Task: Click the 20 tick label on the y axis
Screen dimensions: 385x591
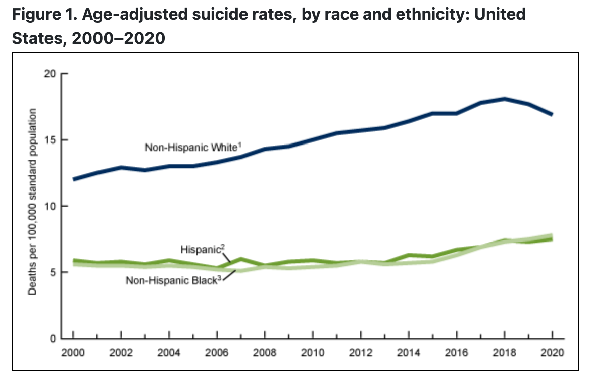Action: point(50,74)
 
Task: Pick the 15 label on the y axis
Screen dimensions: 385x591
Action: point(50,140)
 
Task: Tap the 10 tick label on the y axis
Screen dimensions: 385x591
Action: point(50,206)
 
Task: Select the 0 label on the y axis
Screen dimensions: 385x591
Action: point(52,339)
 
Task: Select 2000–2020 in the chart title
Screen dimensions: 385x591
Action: point(119,38)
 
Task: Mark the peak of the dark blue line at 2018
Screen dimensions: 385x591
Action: point(505,99)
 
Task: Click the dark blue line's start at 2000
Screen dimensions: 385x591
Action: point(73,179)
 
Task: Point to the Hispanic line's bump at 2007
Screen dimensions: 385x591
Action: point(241,259)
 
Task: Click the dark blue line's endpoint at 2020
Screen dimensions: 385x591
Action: point(552,114)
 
